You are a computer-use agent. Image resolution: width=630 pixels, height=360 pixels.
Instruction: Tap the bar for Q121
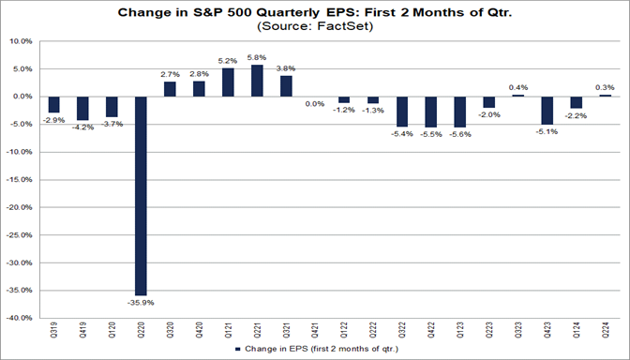click(x=228, y=82)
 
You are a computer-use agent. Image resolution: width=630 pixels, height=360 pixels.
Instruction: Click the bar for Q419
click(x=82, y=107)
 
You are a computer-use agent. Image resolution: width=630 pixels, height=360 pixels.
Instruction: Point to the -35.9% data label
click(x=141, y=302)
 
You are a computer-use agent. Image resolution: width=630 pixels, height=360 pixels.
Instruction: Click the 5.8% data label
click(x=257, y=58)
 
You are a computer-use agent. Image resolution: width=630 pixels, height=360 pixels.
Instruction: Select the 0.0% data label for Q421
click(x=315, y=104)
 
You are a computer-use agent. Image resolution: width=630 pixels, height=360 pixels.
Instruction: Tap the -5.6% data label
click(x=459, y=134)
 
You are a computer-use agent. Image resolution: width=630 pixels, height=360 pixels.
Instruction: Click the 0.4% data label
click(x=517, y=87)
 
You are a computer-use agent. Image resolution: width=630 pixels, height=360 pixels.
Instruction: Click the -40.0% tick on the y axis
click(x=19, y=318)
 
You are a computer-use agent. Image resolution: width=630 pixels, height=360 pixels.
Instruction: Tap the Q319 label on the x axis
click(x=53, y=332)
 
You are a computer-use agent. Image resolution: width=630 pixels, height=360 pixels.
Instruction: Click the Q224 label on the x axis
click(x=605, y=332)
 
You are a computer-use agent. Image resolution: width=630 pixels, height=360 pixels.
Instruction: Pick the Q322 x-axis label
click(x=402, y=332)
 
